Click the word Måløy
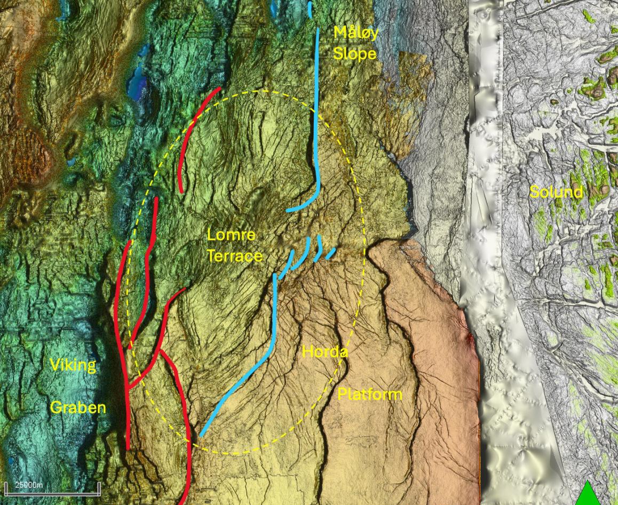coord(356,33)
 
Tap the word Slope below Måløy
coord(355,53)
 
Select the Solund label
coord(556,192)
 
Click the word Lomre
coord(231,235)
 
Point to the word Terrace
coord(235,256)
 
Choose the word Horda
coord(325,352)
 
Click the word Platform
coord(369,395)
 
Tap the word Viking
coord(73,365)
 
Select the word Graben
coord(78,408)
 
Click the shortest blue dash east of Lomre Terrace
coord(331,253)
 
